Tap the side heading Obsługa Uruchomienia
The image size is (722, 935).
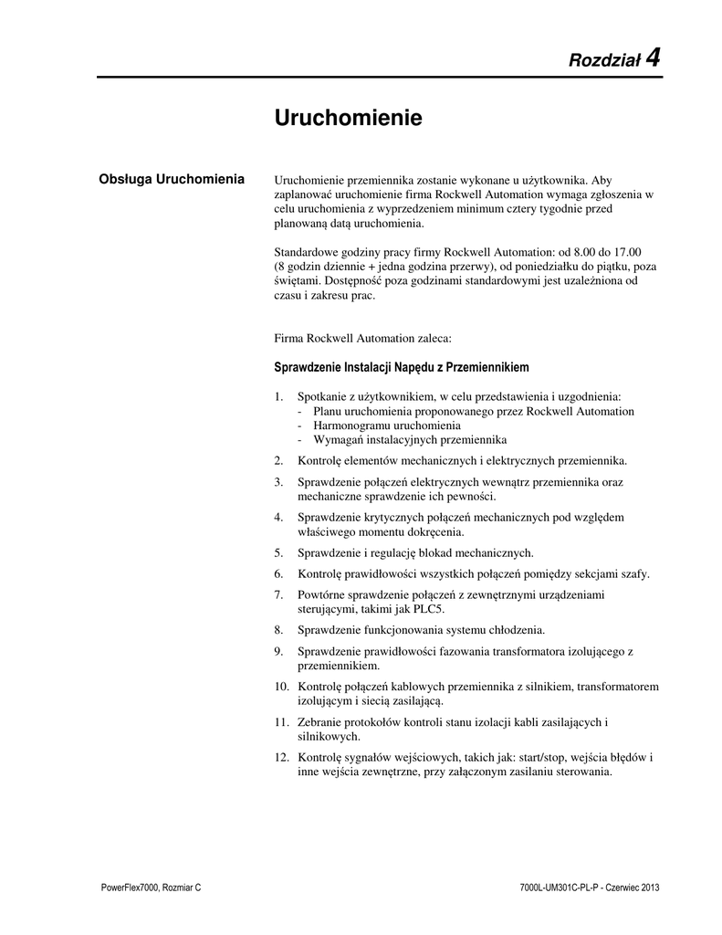pos(171,178)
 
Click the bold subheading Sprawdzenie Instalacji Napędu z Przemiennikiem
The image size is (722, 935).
pos(402,368)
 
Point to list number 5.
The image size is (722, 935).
pos(278,552)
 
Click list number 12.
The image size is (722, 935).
pos(281,757)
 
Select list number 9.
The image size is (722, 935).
pos(278,651)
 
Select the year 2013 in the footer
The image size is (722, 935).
pos(644,888)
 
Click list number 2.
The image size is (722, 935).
pos(278,459)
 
